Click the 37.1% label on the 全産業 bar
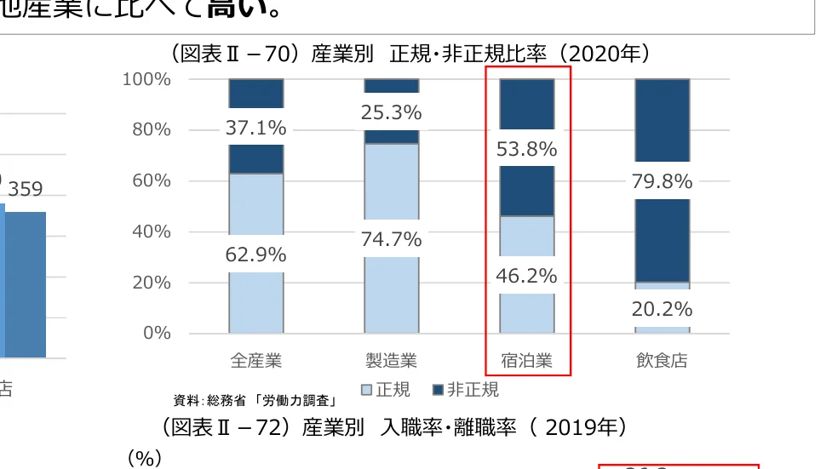255,128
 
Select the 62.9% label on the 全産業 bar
255,255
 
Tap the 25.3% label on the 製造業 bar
391,112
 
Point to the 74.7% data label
391,240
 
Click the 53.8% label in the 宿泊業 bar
526,150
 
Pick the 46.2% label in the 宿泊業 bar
526,276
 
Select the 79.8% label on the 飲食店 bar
662,181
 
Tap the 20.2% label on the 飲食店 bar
662,308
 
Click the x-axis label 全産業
255,361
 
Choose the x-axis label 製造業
391,361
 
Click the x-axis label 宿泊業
526,361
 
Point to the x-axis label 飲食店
662,361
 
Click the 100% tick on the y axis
147,79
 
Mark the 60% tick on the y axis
151,180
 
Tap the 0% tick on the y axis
156,333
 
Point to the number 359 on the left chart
26,189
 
